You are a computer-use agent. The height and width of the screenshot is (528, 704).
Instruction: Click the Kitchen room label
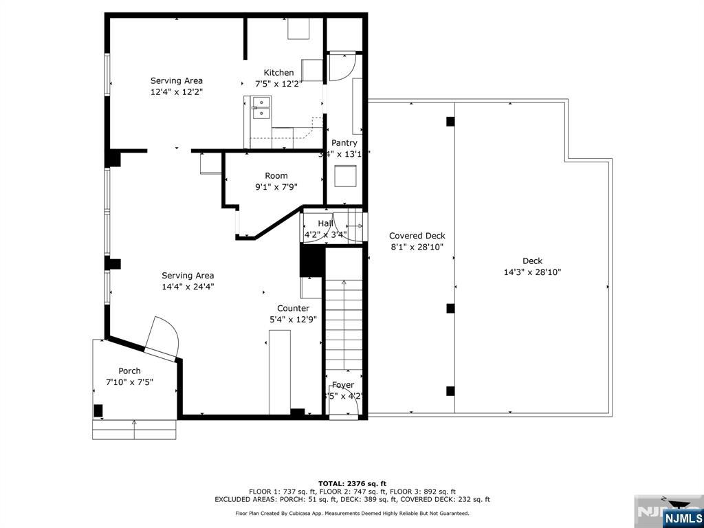click(278, 73)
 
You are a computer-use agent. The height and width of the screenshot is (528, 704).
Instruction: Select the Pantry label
click(344, 143)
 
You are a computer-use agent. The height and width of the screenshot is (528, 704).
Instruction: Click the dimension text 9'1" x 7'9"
click(276, 186)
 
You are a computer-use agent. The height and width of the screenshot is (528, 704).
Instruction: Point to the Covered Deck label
click(417, 236)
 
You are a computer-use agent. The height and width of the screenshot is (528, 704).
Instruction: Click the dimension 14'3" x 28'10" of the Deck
click(532, 272)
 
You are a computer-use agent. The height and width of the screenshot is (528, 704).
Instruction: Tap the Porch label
click(129, 371)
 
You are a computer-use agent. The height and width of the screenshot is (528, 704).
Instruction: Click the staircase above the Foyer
click(343, 323)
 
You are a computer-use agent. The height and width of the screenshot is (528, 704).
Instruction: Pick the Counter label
click(293, 308)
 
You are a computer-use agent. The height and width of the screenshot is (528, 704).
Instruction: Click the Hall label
click(325, 223)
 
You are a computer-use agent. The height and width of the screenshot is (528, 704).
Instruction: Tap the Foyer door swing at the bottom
click(344, 401)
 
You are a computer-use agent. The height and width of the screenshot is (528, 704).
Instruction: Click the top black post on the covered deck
click(450, 122)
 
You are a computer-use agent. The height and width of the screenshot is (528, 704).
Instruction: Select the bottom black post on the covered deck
click(450, 391)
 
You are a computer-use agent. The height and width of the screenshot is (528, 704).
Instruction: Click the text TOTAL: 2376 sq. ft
click(351, 483)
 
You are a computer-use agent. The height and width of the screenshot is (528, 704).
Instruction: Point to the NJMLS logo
click(682, 517)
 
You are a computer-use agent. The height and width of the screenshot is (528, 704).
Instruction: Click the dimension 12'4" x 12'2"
click(177, 91)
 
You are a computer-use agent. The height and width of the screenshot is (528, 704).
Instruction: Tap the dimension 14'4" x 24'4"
click(188, 287)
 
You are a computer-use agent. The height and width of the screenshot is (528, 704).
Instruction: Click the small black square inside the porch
click(98, 410)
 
